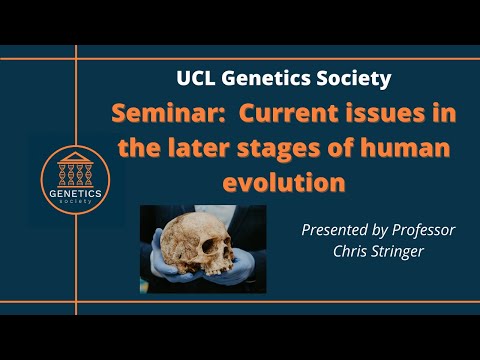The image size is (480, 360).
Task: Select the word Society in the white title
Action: [349, 77]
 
